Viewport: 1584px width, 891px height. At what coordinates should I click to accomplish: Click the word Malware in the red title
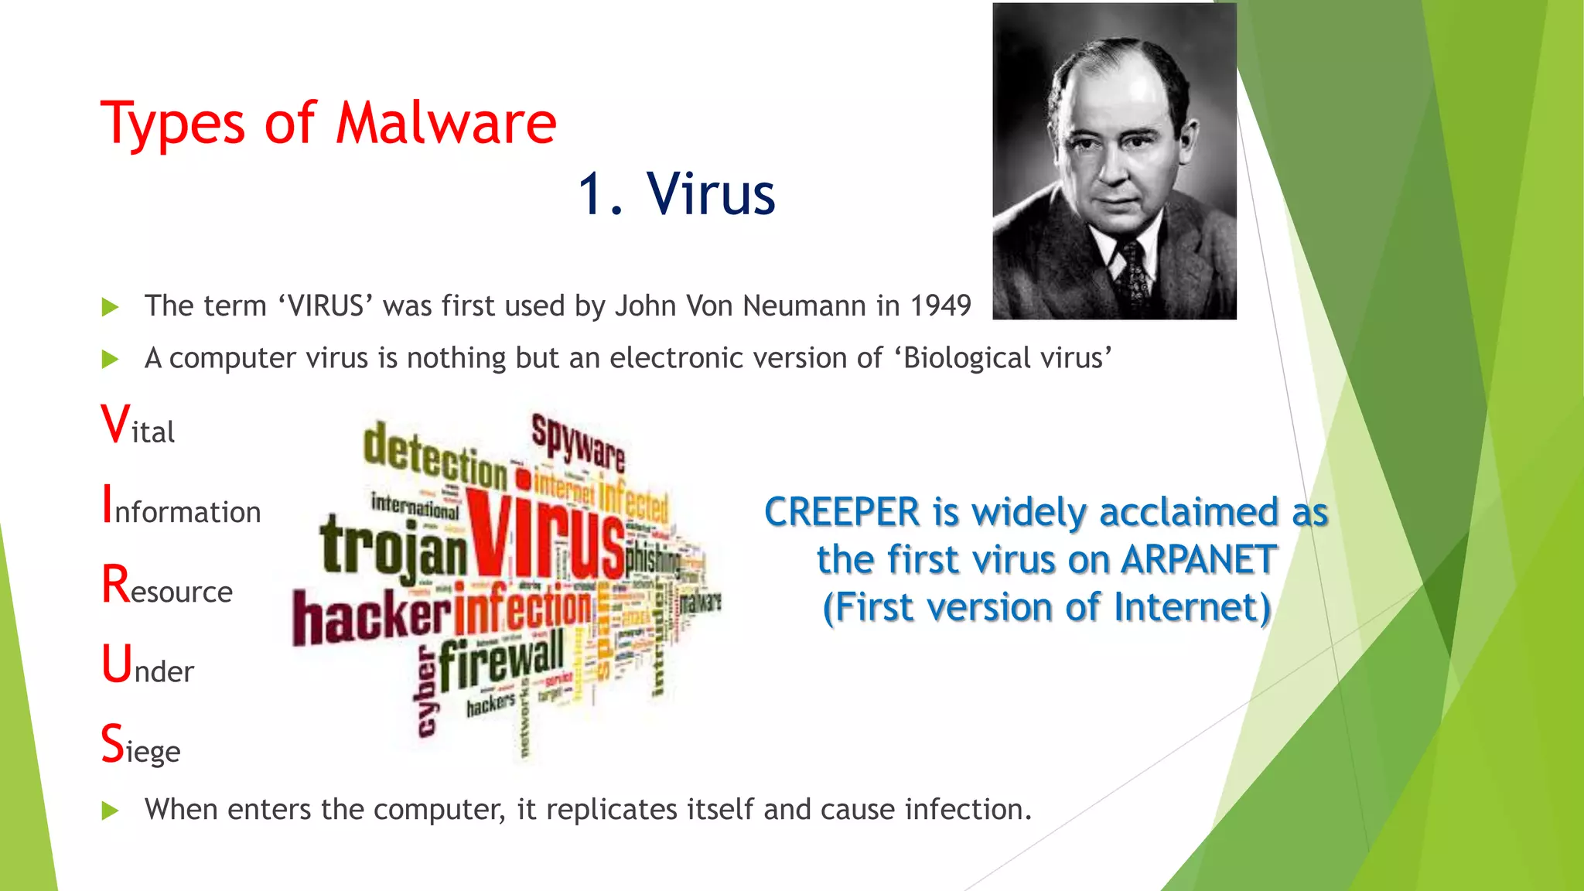click(446, 124)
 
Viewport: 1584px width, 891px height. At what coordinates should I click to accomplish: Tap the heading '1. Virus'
click(677, 193)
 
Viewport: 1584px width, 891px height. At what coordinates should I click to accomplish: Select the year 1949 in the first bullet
click(940, 306)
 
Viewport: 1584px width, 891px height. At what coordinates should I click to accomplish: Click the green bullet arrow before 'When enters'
click(111, 811)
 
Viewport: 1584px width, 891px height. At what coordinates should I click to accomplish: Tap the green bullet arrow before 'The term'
click(111, 307)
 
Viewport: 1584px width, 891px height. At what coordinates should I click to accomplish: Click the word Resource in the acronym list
click(167, 586)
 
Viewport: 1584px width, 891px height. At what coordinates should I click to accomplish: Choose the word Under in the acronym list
click(148, 667)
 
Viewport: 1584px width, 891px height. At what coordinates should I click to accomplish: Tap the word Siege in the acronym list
click(141, 746)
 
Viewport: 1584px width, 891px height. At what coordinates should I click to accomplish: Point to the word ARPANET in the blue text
click(1198, 559)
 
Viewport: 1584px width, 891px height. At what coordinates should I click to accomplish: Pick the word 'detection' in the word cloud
click(435, 457)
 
